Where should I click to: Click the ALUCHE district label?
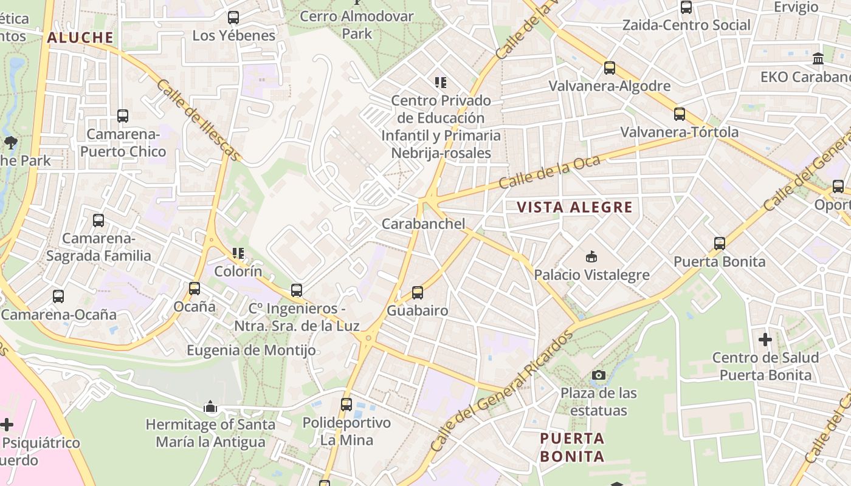[x=80, y=38]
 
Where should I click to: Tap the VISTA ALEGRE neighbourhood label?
[x=574, y=207]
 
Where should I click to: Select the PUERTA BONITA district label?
[x=572, y=447]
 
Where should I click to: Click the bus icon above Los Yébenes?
[x=233, y=18]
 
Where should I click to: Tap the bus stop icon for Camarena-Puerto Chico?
[x=123, y=115]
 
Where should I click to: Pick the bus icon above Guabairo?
[x=418, y=293]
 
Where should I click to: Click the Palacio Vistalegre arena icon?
[x=591, y=256]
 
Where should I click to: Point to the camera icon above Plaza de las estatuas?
[x=599, y=375]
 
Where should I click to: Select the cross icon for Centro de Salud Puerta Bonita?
[x=765, y=339]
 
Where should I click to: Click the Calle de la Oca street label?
[x=550, y=172]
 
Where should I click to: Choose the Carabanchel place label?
[x=423, y=224]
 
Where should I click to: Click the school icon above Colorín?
[x=238, y=253]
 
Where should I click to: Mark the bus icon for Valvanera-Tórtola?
[x=680, y=114]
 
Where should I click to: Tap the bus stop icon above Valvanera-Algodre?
[x=610, y=68]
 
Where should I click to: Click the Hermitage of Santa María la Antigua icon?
[x=210, y=406]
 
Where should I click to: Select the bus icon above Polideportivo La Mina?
[x=346, y=404]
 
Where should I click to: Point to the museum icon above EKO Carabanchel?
[x=818, y=59]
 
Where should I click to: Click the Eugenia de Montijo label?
[x=251, y=351]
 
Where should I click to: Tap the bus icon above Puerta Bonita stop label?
[x=720, y=244]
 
